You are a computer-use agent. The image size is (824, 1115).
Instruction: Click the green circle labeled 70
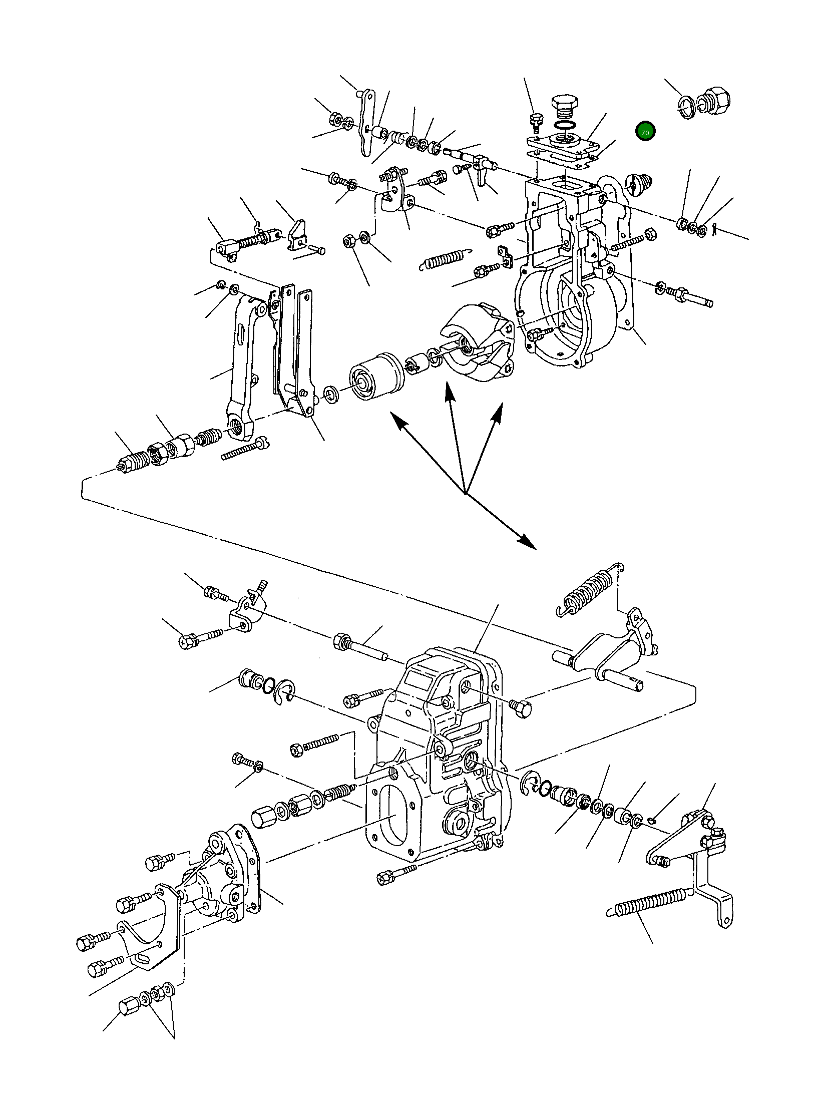(645, 132)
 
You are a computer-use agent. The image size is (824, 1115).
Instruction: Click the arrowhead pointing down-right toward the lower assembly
(527, 541)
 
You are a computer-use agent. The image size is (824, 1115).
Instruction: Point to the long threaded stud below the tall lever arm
(244, 449)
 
